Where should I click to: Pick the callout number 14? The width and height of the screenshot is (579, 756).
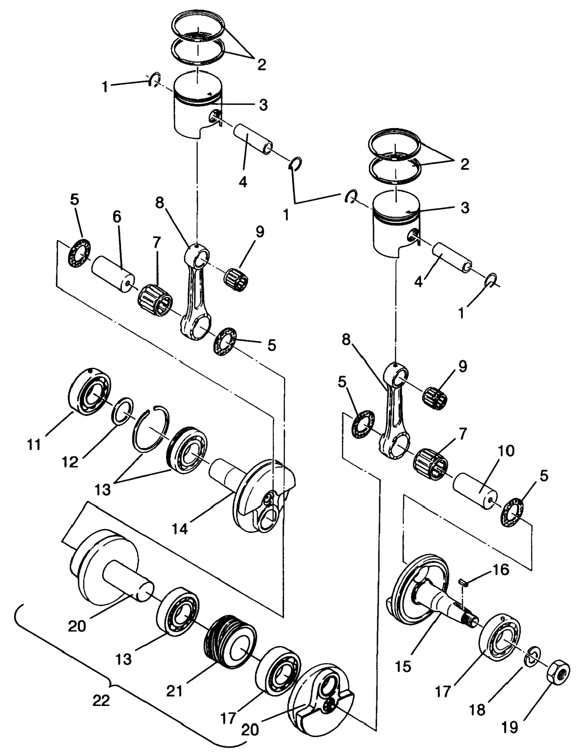(180, 529)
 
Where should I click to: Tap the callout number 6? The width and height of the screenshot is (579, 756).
(117, 217)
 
